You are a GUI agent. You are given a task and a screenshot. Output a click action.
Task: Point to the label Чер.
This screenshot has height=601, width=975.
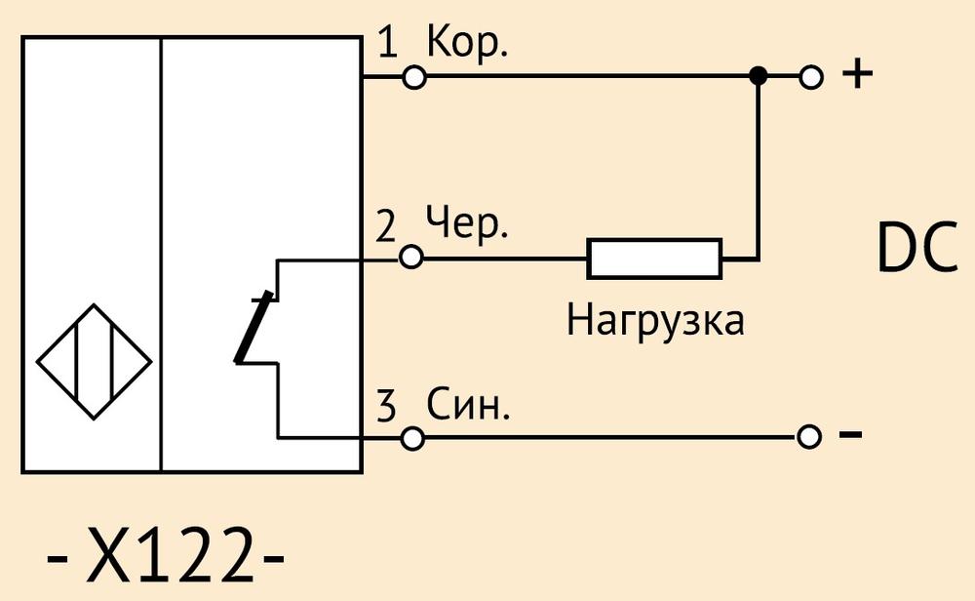[467, 224]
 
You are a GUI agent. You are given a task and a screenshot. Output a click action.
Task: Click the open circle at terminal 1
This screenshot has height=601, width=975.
[414, 77]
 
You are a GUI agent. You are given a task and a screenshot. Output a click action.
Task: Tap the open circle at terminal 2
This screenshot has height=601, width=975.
[410, 257]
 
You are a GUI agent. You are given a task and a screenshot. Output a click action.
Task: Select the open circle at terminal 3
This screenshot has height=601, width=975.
[411, 438]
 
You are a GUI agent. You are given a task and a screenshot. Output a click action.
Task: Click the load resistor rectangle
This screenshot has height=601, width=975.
[654, 259]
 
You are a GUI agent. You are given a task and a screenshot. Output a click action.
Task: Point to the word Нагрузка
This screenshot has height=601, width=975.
[655, 321]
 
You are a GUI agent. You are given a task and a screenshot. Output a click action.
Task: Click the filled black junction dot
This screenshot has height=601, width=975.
[758, 76]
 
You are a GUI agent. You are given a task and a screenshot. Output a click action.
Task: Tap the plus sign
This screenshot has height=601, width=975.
[857, 74]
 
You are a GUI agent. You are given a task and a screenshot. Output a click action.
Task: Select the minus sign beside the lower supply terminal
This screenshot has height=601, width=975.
[850, 433]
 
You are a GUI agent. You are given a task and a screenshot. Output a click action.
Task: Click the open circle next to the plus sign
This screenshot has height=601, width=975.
[811, 77]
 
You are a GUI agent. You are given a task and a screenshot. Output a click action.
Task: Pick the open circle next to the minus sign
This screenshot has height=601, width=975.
[808, 437]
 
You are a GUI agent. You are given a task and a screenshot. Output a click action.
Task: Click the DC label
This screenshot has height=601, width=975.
[917, 248]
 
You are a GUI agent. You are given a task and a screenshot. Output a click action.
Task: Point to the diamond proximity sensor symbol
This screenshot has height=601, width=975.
[94, 361]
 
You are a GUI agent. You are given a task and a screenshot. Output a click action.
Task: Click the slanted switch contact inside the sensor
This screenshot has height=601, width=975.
[253, 327]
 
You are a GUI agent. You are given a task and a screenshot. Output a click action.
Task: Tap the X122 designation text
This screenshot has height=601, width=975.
[166, 554]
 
